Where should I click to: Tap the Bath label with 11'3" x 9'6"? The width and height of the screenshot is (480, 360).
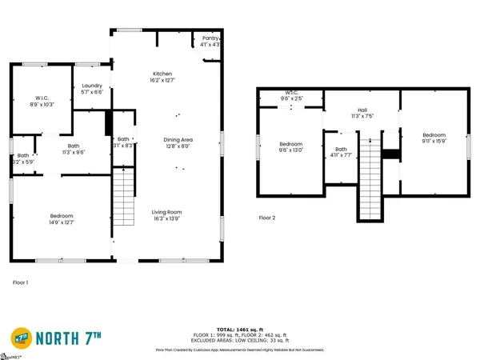(74, 149)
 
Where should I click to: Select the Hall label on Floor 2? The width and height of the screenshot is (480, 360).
(362, 113)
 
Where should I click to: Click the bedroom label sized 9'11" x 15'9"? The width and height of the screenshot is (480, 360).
(434, 139)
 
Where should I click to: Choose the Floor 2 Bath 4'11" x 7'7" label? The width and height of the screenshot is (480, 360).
(342, 153)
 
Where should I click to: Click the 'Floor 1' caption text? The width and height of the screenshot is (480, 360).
(21, 282)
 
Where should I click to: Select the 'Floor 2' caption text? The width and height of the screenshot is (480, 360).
(267, 218)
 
